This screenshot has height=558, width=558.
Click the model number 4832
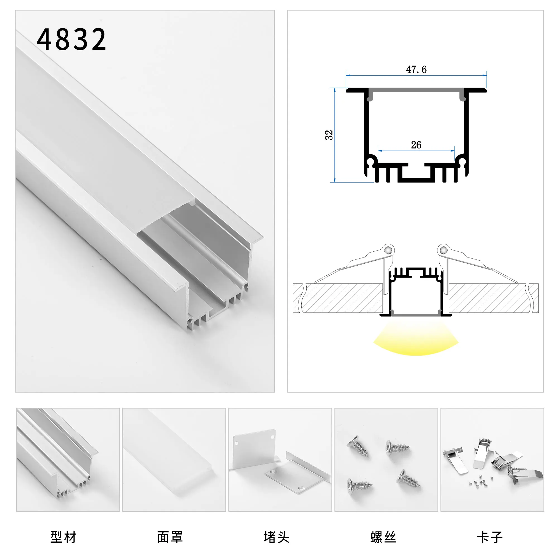72,40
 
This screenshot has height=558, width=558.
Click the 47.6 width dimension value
416,69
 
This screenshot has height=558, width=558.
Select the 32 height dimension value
329,135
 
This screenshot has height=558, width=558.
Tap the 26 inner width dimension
416,145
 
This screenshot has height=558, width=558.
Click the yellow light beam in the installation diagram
416,341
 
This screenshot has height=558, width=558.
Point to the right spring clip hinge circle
444,250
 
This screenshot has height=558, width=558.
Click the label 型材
63,537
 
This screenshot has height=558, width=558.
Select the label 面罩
170,537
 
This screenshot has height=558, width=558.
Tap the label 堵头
276,537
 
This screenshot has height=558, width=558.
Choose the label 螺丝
383,537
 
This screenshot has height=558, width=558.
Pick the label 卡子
490,537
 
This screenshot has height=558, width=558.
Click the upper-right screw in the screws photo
397,448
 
